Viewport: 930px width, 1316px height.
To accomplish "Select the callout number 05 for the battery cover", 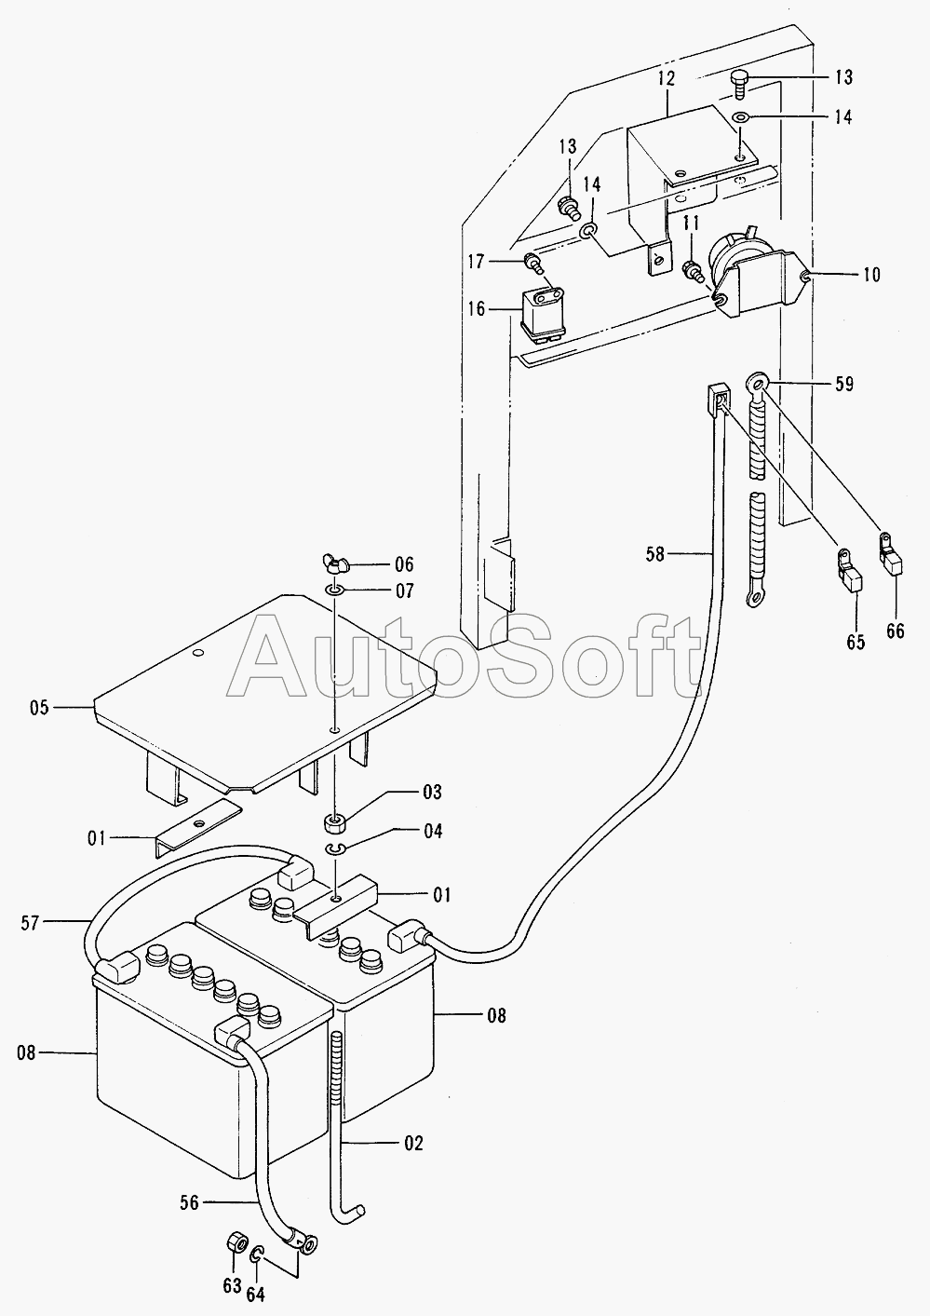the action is coord(38,708).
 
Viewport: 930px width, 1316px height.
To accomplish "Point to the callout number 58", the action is coord(655,554).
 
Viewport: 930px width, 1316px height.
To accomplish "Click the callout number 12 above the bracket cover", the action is coord(666,78).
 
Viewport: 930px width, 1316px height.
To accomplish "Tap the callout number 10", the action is coord(870,275).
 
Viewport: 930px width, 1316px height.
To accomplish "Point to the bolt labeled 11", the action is coord(691,269).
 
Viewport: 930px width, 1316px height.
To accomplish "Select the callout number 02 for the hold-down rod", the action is coord(413,1142).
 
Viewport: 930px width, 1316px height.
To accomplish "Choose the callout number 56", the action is coord(189,1202).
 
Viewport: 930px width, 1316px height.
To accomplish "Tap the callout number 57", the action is coord(31,922).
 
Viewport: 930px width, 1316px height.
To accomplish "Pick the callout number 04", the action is coord(432,832).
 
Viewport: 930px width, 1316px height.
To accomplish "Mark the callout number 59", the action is coord(844,383).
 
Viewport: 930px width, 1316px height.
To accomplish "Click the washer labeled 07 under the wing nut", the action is coord(334,590).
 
